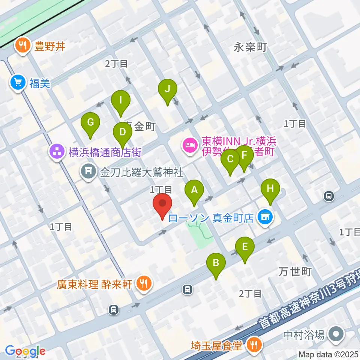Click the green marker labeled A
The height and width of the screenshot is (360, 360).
pyautogui.click(x=194, y=190)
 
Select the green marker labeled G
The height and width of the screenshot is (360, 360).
pyautogui.click(x=90, y=123)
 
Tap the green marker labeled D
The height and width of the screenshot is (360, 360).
pyautogui.click(x=122, y=133)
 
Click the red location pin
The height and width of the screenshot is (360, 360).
pyautogui.click(x=163, y=204)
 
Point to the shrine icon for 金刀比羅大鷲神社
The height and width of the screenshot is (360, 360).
pyautogui.click(x=88, y=172)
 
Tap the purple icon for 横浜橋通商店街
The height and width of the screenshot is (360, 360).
pyautogui.click(x=57, y=152)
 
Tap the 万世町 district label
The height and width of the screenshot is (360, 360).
pyautogui.click(x=295, y=271)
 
